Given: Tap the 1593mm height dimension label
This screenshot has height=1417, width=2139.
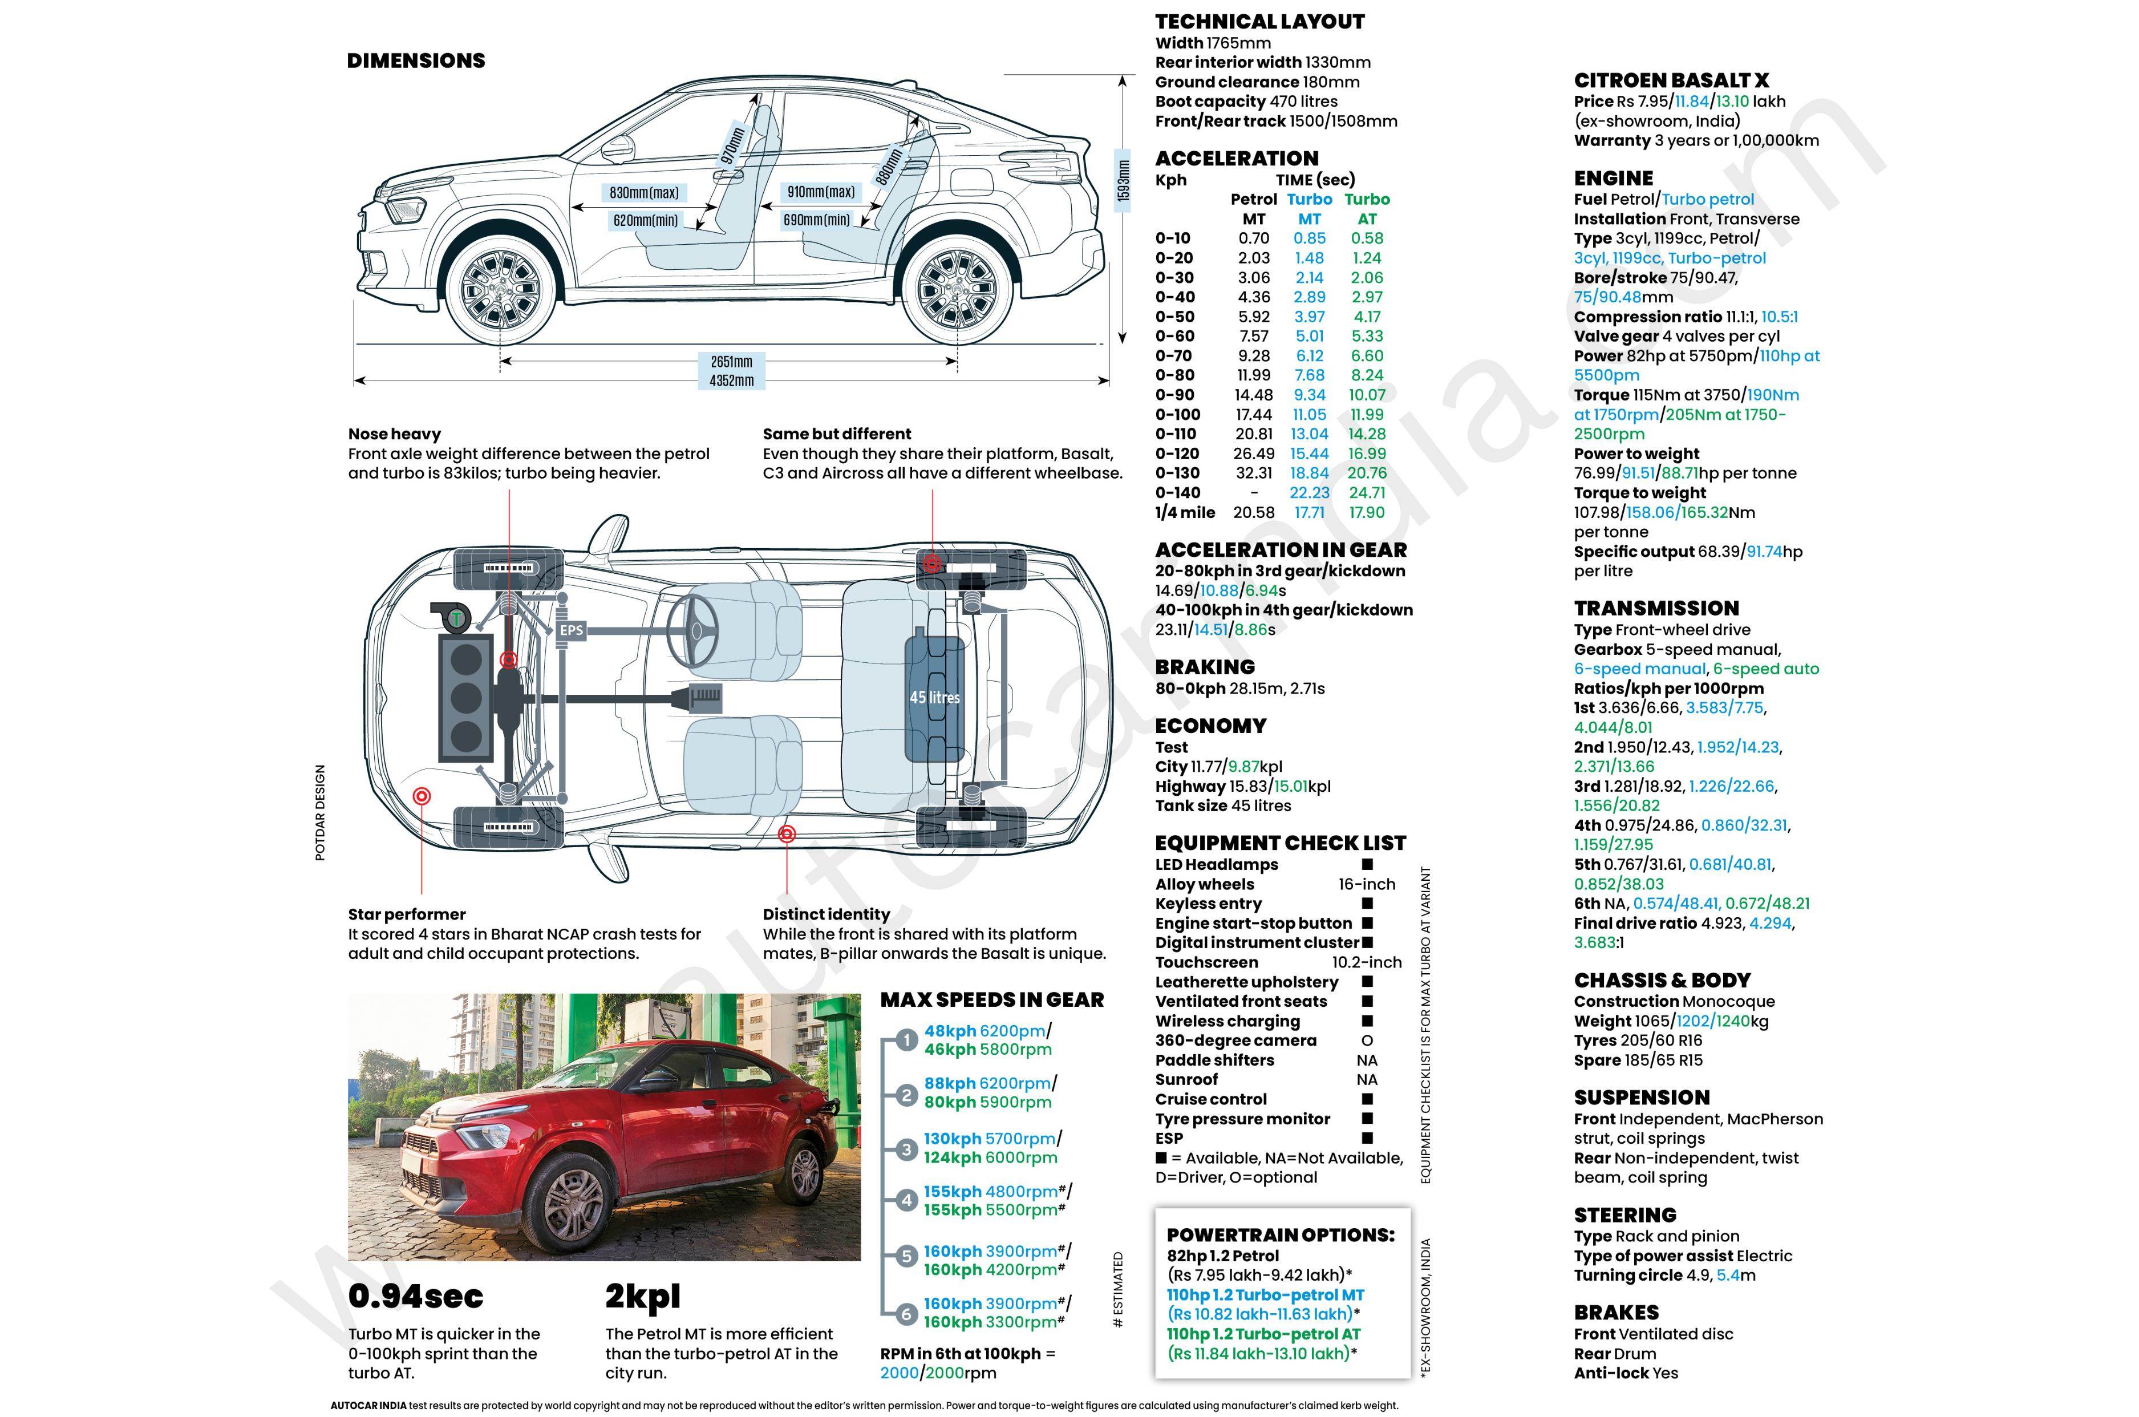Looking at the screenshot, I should click(1123, 181).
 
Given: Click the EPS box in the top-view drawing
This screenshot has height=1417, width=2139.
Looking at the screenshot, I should click(571, 630).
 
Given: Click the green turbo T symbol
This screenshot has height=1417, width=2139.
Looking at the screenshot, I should click(457, 618).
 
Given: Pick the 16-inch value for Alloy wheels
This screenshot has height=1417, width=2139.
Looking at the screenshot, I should click(1366, 884).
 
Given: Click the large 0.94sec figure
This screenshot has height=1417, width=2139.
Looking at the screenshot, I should click(416, 1296).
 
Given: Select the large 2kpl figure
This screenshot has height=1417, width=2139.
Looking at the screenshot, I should click(642, 1296).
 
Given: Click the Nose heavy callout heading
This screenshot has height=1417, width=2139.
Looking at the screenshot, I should click(394, 434).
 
